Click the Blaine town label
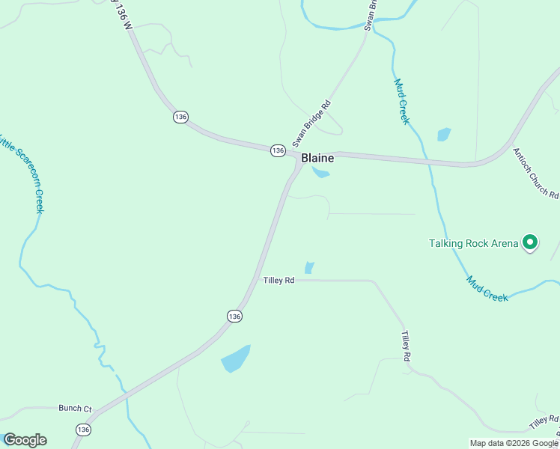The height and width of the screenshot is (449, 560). [317, 159]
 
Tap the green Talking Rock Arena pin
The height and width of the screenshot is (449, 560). [530, 242]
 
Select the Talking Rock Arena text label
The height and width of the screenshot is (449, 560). [473, 243]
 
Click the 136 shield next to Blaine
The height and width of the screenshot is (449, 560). [278, 150]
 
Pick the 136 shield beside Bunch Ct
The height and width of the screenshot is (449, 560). [82, 429]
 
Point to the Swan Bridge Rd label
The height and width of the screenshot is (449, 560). [311, 123]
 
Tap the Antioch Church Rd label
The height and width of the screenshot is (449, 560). [535, 173]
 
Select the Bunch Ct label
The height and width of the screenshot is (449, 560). [75, 409]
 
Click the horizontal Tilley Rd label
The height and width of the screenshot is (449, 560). [279, 281]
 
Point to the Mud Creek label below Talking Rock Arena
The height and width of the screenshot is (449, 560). [487, 289]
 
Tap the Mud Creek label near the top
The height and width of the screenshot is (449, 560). [401, 102]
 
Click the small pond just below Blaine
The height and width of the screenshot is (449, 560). [321, 173]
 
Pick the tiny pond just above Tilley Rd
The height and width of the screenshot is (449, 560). [309, 267]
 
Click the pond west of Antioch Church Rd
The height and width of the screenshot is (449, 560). [444, 135]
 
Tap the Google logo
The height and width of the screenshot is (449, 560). [25, 440]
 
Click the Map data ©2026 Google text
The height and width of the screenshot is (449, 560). [514, 443]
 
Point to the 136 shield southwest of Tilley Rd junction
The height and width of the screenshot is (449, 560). [234, 317]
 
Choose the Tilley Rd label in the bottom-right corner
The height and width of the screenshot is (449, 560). [544, 422]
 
